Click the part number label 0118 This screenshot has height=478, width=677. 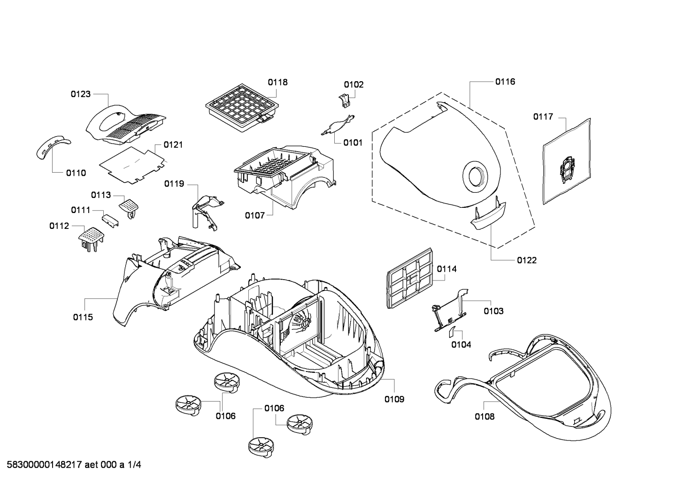(278, 82)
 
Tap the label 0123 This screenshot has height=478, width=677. (81, 94)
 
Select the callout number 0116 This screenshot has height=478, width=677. (505, 82)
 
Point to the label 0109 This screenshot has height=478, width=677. (394, 399)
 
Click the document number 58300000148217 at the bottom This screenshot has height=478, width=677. (44, 465)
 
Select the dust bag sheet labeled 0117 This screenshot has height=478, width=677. (566, 161)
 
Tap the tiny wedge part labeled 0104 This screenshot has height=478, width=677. (452, 332)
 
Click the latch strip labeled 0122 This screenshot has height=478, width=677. (488, 215)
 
